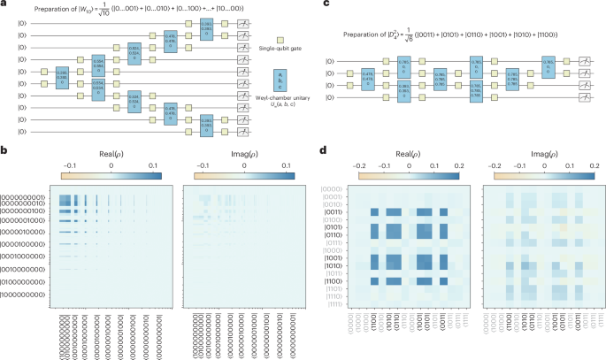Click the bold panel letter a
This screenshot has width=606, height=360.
pyautogui.click(x=4, y=4)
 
